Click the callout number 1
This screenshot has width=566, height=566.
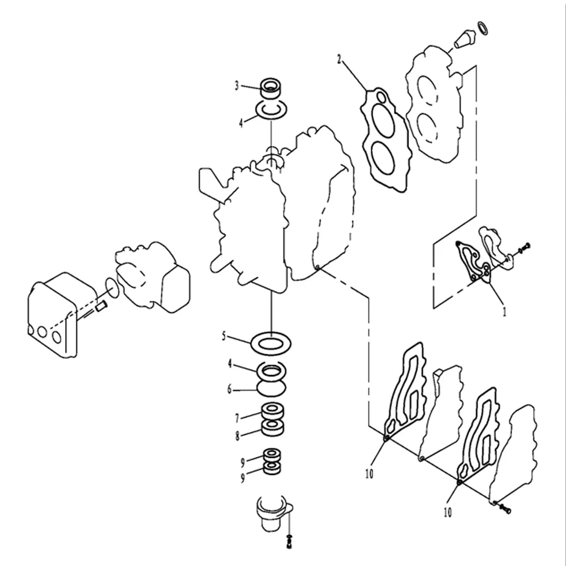tap(505, 311)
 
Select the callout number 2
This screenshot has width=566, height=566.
tap(339, 59)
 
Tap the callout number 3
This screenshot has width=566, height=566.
tap(237, 85)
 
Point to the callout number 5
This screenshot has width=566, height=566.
tap(224, 336)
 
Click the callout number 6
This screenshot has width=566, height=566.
tap(230, 389)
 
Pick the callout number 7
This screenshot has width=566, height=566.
tap(237, 418)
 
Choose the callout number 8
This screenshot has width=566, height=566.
tap(237, 436)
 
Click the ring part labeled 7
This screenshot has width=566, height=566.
tap(273, 411)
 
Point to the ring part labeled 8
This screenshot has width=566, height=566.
tap(273, 426)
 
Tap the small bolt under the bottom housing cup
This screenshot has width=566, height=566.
tap(289, 542)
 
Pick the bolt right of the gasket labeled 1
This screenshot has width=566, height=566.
tap(524, 248)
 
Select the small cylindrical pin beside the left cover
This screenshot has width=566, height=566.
tap(101, 307)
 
